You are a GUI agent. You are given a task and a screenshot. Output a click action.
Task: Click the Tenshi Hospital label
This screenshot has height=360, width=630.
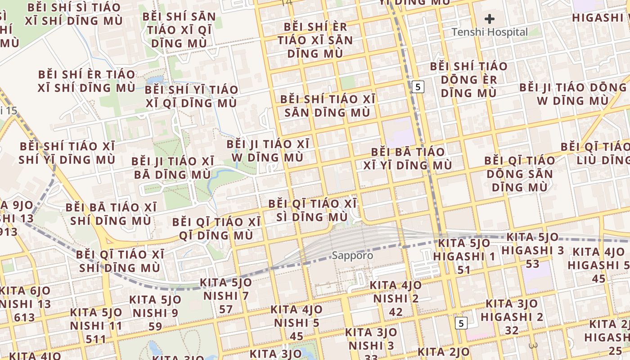tap(489, 32)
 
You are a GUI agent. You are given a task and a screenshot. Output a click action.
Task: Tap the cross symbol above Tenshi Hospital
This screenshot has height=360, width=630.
tap(490, 19)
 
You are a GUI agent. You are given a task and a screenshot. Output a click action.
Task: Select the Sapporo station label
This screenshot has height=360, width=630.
tap(352, 256)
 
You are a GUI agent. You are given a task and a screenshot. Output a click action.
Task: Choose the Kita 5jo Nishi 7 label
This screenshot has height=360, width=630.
tap(226, 296)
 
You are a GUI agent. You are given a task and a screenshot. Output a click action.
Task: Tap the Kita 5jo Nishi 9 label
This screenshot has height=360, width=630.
tap(155, 313)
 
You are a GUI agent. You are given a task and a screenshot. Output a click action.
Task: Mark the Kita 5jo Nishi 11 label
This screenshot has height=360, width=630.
tap(96, 325)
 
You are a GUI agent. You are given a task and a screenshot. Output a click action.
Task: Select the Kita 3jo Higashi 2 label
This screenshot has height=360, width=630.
tap(512, 317)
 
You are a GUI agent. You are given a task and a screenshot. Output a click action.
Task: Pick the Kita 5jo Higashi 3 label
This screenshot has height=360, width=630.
tap(533, 250)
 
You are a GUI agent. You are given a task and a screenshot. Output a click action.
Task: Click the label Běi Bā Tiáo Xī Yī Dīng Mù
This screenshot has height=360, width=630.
tap(408, 158)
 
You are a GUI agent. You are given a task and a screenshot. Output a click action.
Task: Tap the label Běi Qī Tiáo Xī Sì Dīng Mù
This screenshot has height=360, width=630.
tap(313, 210)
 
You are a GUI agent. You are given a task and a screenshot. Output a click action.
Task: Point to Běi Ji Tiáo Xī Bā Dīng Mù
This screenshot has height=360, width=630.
tap(172, 168)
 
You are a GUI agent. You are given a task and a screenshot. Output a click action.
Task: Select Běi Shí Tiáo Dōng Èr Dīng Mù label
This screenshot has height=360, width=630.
tap(468, 80)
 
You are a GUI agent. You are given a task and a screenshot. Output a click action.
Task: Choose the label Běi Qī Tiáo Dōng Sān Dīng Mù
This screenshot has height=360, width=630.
tap(520, 173)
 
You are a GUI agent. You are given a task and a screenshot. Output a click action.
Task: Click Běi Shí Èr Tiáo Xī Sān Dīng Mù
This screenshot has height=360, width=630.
tap(315, 40)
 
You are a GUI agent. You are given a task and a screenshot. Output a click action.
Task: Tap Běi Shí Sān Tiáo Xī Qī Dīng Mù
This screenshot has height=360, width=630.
tap(179, 30)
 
